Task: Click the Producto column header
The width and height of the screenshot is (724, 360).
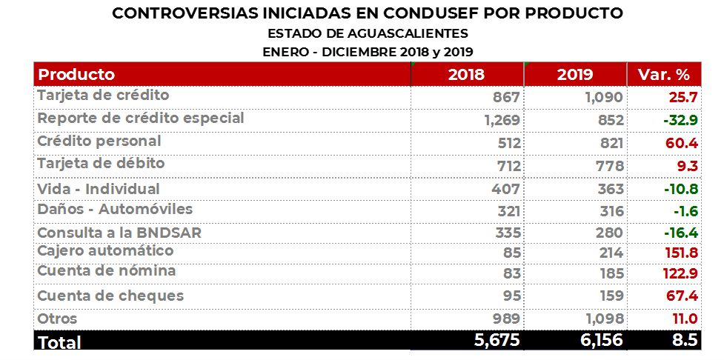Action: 76,75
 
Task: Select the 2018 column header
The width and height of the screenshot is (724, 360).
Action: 466,75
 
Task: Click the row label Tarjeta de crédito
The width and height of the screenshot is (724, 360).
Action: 103,96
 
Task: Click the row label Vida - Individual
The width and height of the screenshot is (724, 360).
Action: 99,189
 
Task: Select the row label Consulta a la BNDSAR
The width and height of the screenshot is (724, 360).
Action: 119,233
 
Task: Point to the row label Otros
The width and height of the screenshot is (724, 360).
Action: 57,319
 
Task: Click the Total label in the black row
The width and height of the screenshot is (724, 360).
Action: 59,342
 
